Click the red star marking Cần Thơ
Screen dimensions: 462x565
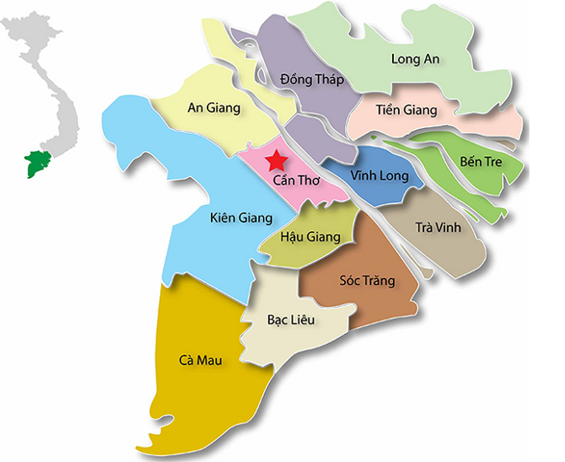(274, 160)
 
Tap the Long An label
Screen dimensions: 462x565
(417, 58)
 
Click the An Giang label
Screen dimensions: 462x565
(213, 108)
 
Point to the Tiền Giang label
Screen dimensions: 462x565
(406, 110)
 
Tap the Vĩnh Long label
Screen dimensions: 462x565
(381, 177)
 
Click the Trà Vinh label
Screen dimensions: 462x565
(439, 228)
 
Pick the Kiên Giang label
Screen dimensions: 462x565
(241, 218)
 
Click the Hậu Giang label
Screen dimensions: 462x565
(310, 237)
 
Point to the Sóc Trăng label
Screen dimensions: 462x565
(367, 281)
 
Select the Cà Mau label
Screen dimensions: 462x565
(200, 361)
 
